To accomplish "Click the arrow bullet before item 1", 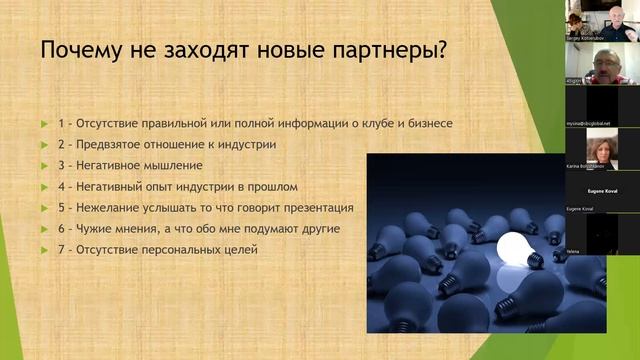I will (44, 124).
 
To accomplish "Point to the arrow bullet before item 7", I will (44, 250).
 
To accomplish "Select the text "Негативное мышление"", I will (143, 166).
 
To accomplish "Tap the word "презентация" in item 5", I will (317, 208).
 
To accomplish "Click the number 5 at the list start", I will (61, 208).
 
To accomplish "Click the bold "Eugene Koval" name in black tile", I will (601, 187).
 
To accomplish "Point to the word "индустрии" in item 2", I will (245, 145).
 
